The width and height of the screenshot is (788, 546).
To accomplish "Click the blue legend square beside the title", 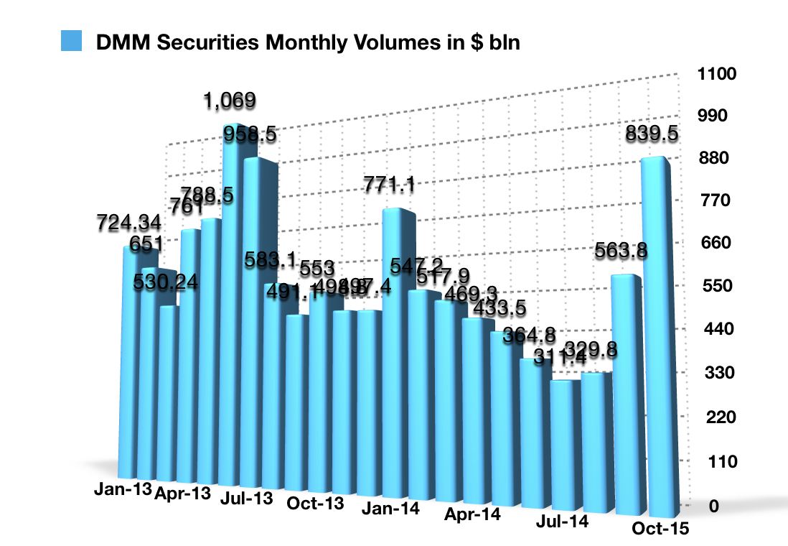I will click(72, 42).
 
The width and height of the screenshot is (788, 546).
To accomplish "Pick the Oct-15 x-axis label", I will click(660, 529).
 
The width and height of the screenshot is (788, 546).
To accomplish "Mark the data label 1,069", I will click(229, 101).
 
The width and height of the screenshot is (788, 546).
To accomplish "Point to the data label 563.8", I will click(622, 251).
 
